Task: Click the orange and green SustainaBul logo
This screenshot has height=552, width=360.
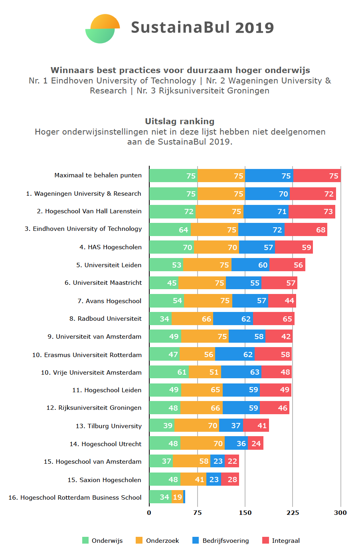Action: (103, 29)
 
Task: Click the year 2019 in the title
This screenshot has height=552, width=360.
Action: (254, 28)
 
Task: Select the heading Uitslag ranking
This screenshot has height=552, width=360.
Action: (180, 121)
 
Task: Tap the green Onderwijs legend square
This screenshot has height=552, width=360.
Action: (85, 540)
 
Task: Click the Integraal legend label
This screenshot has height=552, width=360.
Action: (285, 541)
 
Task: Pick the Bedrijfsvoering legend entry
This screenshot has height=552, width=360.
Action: (225, 541)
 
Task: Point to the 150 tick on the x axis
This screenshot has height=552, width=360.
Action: (245, 513)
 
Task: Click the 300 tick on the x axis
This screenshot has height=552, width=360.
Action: (340, 513)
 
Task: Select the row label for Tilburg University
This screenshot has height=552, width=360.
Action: (109, 426)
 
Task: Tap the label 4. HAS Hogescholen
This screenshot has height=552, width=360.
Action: (111, 247)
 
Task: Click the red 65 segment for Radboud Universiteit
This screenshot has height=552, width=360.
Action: (273, 319)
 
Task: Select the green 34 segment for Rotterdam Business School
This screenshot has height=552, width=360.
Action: (160, 497)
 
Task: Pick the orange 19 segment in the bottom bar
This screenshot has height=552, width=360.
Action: (177, 497)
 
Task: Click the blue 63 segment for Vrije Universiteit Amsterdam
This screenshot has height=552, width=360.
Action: (241, 372)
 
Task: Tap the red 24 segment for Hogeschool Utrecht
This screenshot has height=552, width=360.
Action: (255, 443)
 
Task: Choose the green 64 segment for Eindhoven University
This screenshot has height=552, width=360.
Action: (170, 230)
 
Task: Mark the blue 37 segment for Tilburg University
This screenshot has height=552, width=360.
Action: (231, 426)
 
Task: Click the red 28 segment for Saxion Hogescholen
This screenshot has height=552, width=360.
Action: (230, 479)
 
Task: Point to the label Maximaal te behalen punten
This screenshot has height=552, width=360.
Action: (98, 175)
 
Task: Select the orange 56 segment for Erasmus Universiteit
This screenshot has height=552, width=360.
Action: (197, 354)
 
